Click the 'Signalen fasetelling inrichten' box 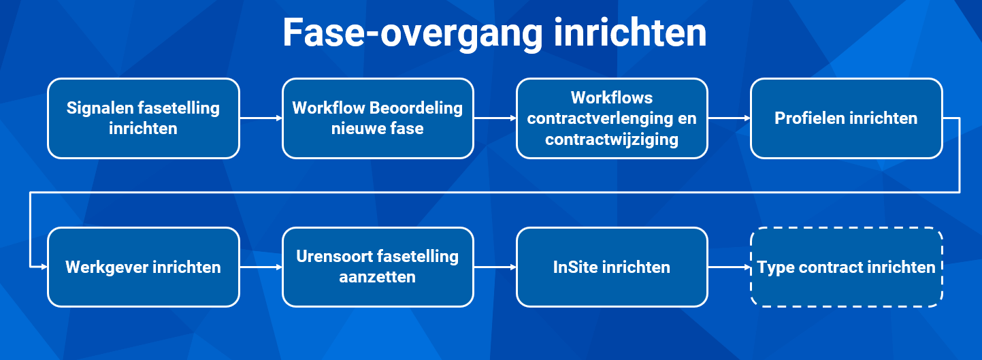tap(144, 118)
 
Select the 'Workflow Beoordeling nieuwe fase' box tap(378, 118)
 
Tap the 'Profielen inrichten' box tap(847, 118)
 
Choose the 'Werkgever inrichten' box tap(144, 267)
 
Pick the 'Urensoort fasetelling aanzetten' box tap(378, 267)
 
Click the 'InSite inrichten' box tap(612, 267)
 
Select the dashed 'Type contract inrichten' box tap(847, 267)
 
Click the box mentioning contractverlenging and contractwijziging tap(612, 118)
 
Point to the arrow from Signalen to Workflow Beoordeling tap(261, 118)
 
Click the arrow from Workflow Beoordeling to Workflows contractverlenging tap(495, 118)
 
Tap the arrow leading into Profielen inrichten tap(730, 118)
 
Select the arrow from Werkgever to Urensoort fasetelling tap(261, 267)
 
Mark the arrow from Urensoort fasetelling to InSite tap(495, 267)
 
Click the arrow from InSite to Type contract tap(730, 267)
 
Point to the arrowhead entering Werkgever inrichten tap(44, 267)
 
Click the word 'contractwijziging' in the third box tap(612, 140)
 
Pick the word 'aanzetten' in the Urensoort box tap(378, 277)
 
